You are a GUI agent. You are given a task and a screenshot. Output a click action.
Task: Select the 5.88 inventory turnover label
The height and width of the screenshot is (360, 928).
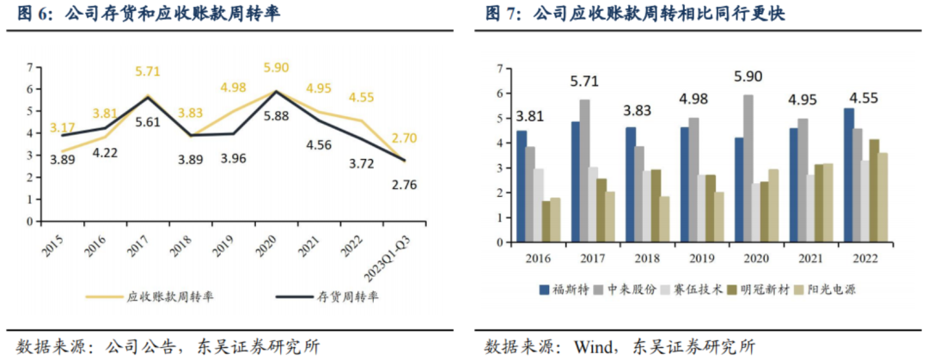click(x=277, y=117)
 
